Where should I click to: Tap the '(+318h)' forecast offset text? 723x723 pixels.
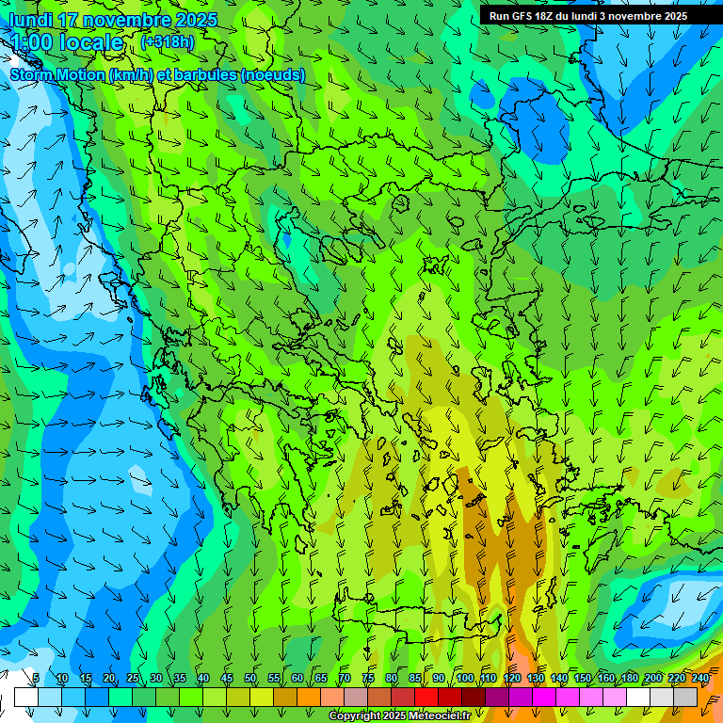click(x=167, y=41)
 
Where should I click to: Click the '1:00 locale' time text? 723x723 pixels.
click(x=67, y=42)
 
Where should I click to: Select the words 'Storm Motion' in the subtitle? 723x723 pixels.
click(x=57, y=75)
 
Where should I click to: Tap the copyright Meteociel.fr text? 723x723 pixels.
click(x=398, y=716)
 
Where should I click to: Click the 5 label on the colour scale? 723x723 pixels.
click(x=36, y=679)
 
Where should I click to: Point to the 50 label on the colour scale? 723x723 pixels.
click(x=250, y=679)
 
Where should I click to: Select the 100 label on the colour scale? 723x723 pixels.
click(x=464, y=679)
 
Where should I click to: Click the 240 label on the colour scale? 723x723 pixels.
click(x=699, y=679)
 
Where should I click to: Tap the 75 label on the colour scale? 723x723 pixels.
click(x=368, y=679)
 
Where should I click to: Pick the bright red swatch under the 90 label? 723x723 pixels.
click(x=426, y=697)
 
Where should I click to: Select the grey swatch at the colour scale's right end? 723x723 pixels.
click(x=685, y=697)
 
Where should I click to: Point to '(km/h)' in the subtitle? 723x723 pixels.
click(x=133, y=75)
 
